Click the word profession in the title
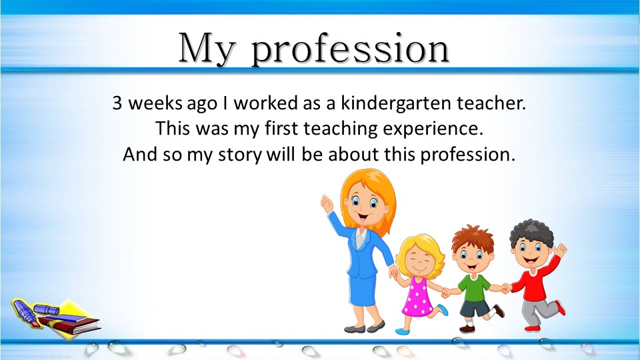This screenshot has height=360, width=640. (x=350, y=49)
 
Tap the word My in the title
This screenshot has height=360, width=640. (x=207, y=48)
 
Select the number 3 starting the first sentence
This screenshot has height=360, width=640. (x=117, y=103)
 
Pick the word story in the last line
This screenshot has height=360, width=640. (x=239, y=155)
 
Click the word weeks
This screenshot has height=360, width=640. (x=155, y=103)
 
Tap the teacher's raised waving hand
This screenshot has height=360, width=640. (x=327, y=203)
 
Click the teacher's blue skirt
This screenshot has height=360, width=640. (x=363, y=291)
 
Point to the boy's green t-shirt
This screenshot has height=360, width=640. (x=474, y=287)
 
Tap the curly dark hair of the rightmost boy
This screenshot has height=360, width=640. (x=531, y=233)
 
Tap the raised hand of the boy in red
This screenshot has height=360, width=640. (x=560, y=249)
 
